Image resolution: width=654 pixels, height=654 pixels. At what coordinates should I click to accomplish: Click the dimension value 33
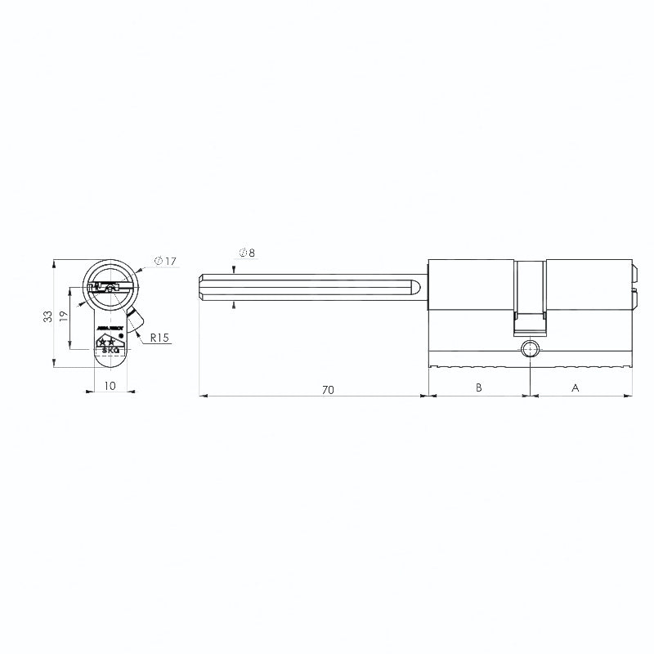point(47,316)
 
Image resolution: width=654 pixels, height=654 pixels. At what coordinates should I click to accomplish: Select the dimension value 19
point(64,316)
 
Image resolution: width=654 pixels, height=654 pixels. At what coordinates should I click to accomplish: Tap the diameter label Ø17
point(166,261)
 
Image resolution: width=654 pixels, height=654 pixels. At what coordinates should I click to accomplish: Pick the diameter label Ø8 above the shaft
point(248,253)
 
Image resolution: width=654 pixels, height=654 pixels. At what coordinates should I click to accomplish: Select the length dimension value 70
point(327,390)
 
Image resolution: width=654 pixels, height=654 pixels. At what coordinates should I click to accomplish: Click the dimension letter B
point(479,389)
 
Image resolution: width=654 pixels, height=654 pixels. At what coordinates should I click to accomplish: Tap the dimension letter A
point(575,389)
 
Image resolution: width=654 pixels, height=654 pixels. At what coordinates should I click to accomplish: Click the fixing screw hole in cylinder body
point(530,351)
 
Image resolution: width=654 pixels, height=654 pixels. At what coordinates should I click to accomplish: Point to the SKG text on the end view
point(110,351)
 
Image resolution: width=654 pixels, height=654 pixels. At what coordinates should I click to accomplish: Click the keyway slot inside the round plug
point(110,287)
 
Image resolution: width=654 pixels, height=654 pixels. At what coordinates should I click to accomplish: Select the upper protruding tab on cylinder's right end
point(634,272)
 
